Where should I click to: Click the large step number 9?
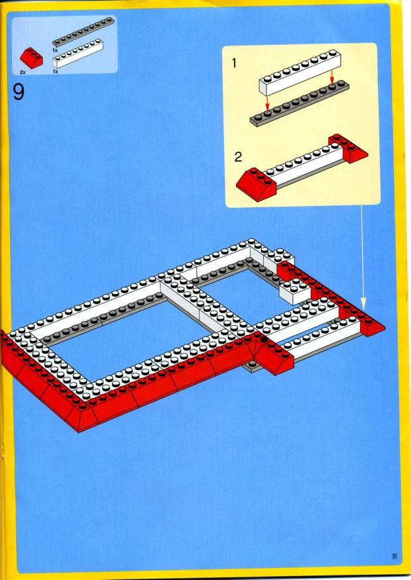coord(19,92)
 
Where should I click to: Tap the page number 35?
coord(394,556)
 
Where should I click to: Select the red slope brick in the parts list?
coord(31,58)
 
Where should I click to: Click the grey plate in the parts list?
coord(84,31)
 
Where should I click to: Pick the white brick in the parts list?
coord(78,54)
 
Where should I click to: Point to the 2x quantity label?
coord(23,73)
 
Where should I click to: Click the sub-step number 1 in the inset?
coord(233,64)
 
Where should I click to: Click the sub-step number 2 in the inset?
coord(238,157)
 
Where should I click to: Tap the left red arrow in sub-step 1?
coord(267,103)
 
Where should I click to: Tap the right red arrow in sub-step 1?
coord(331,77)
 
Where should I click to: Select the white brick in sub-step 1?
coord(300,72)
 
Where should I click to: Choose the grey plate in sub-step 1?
coord(299,103)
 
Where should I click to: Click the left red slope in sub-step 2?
coord(257,184)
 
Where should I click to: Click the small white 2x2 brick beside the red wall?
coord(294,291)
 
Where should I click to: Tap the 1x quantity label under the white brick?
coord(55,72)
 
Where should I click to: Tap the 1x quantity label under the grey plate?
coord(55,50)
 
